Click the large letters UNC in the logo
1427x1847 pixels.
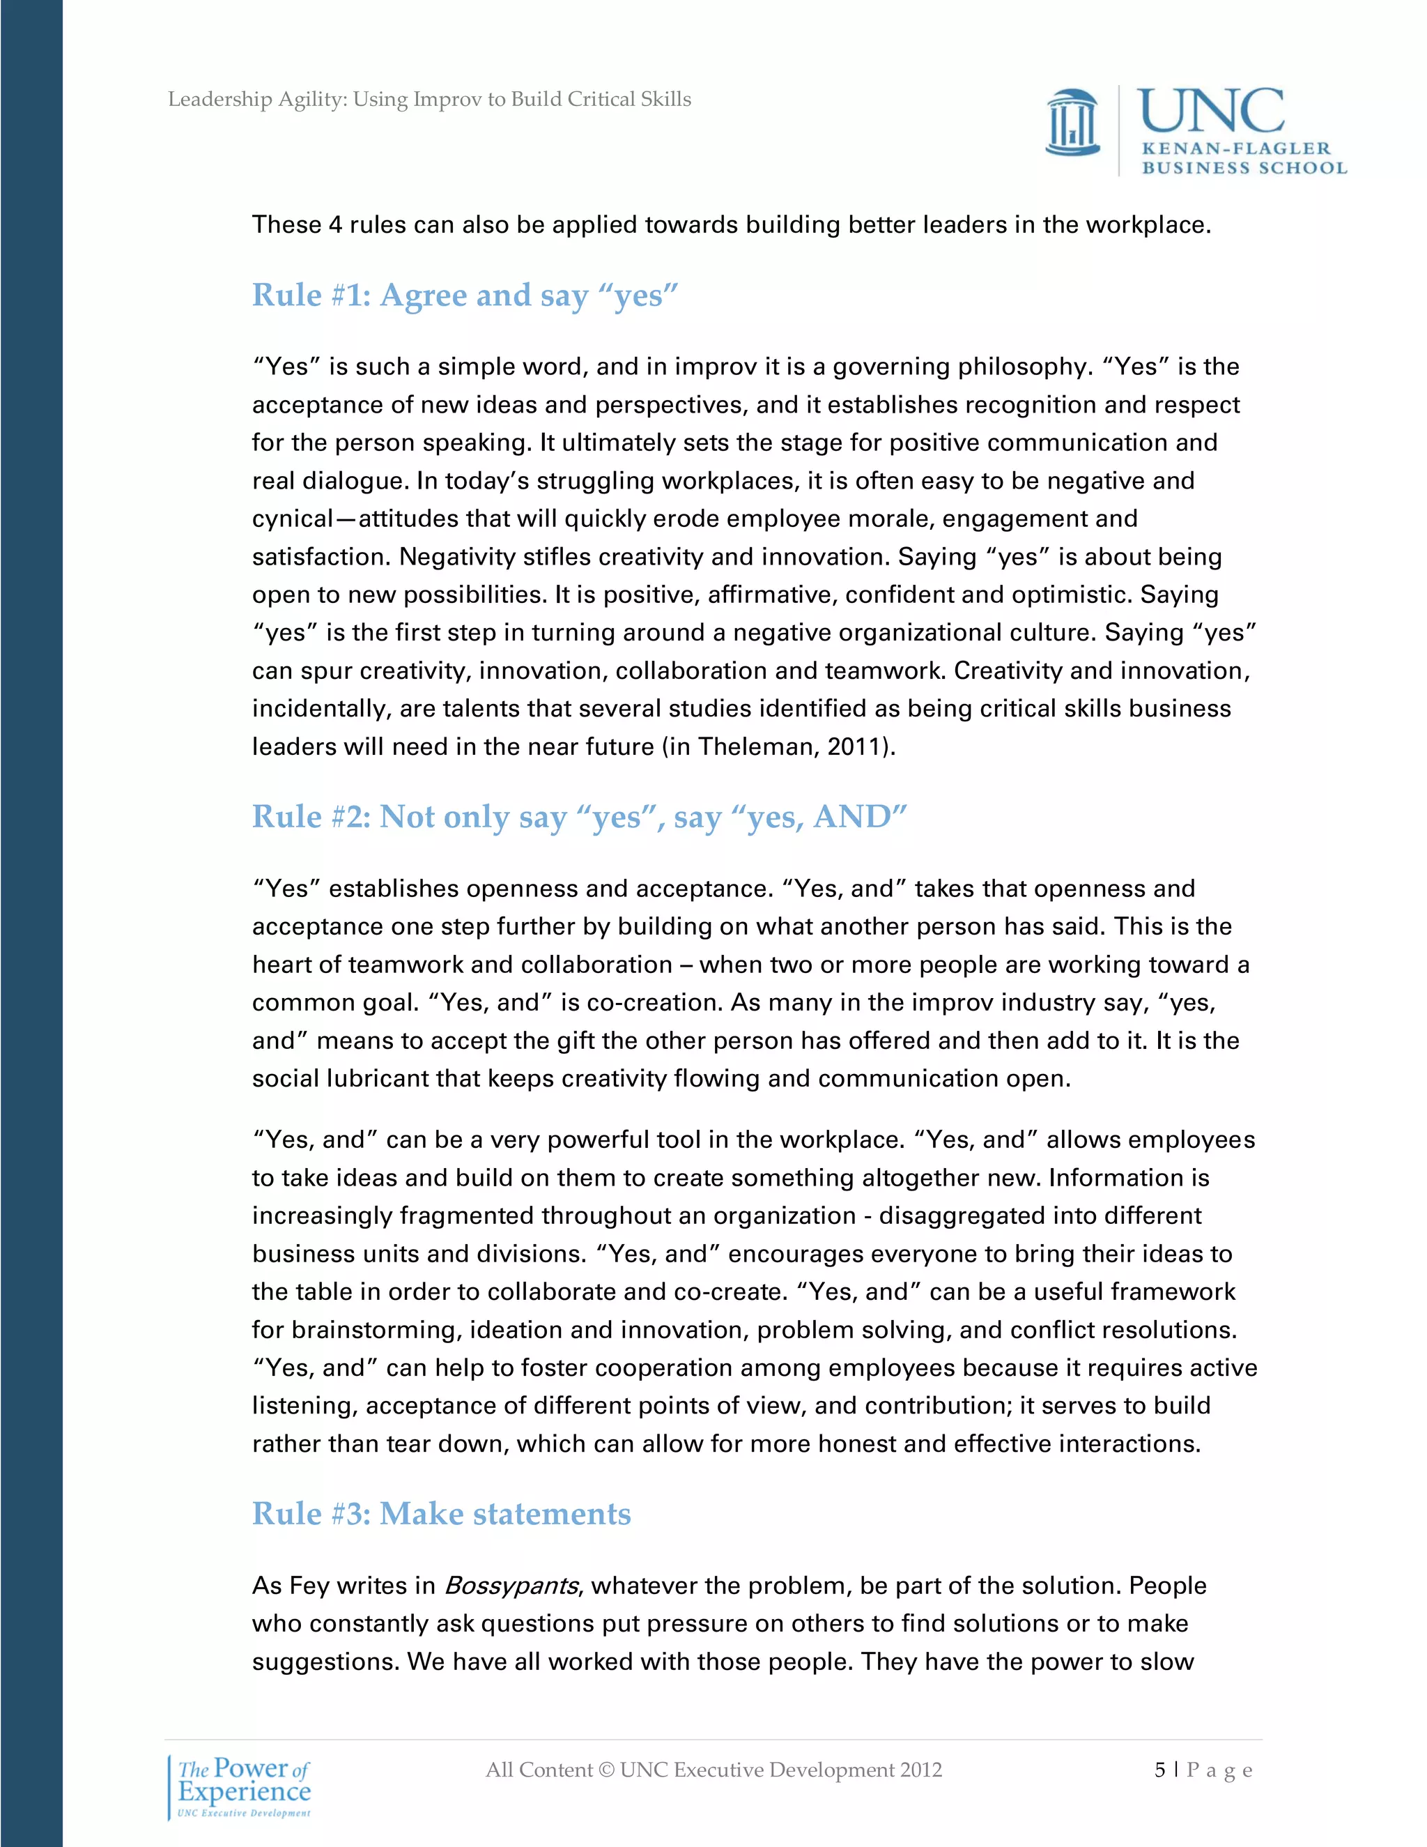click(1210, 112)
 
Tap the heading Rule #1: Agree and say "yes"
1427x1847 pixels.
click(465, 295)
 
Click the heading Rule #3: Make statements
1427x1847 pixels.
click(441, 1513)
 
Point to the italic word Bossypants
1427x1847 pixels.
click(511, 1586)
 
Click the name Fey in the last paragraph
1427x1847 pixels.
click(309, 1586)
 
